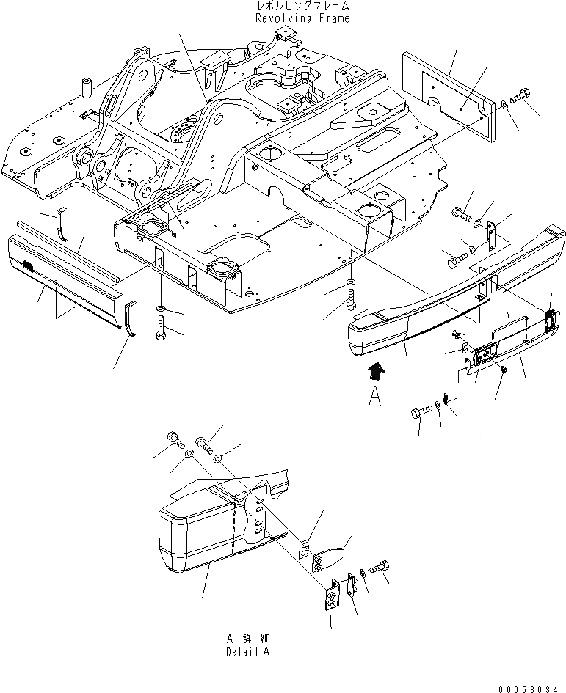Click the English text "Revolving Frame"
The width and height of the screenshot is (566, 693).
(x=302, y=18)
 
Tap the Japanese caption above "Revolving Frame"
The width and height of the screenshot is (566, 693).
(x=302, y=7)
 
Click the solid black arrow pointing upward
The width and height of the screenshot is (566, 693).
(x=377, y=370)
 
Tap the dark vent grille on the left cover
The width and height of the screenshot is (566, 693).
(x=28, y=265)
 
